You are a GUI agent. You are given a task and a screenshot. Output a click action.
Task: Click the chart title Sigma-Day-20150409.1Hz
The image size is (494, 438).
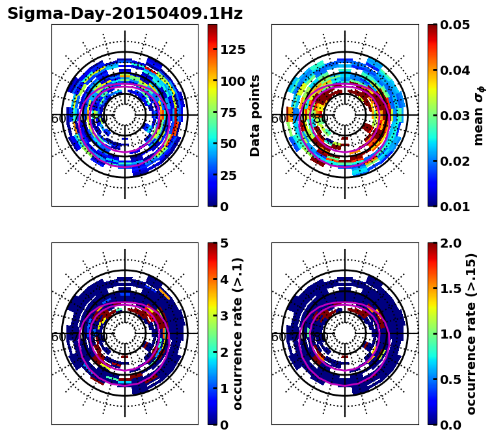coord(124,14)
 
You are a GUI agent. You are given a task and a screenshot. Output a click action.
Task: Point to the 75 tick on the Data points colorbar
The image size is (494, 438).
coord(228,112)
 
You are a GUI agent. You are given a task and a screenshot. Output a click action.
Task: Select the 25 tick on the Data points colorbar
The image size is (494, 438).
coord(228,175)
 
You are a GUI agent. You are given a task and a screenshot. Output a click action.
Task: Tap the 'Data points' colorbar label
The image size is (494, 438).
coord(255,115)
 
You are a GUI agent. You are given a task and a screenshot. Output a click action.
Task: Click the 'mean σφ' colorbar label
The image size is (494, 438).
coord(479,116)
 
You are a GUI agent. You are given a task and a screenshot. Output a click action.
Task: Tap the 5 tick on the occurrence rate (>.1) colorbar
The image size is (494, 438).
coord(224,243)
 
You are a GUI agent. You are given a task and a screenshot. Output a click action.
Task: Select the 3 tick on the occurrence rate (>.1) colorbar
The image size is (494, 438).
coord(224,316)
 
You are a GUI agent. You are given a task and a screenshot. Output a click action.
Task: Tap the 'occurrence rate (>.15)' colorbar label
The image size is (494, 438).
coord(471,334)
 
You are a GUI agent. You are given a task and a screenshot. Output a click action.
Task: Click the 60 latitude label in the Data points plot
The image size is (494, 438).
coord(58,119)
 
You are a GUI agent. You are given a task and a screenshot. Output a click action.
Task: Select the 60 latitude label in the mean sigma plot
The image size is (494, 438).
coord(278,119)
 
